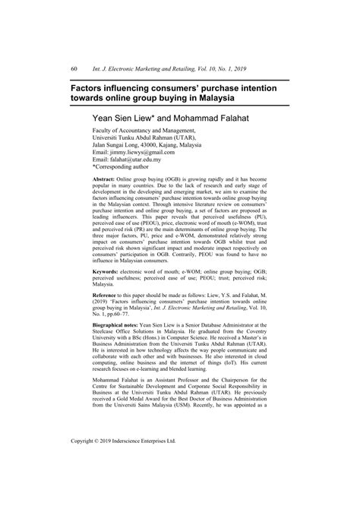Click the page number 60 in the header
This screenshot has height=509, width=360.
point(74,69)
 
